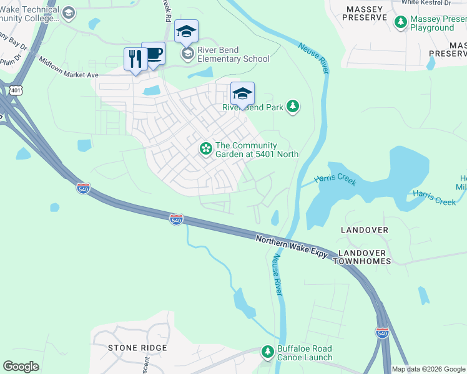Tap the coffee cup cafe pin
(x=153, y=54)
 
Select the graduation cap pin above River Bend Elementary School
(x=186, y=31)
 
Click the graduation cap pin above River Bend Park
(x=242, y=93)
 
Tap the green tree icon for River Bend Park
(x=292, y=107)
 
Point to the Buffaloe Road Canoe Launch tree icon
(x=268, y=352)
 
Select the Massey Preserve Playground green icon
(x=401, y=23)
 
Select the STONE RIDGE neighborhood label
(x=137, y=348)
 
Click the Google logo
(x=21, y=367)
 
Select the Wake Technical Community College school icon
(x=69, y=12)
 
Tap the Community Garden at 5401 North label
(x=257, y=150)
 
